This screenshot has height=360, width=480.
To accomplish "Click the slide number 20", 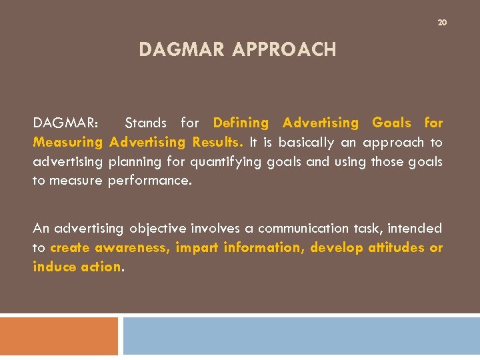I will coord(441,23).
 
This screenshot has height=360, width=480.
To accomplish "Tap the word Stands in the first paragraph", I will coord(146,123).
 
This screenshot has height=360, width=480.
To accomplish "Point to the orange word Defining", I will coord(241,123).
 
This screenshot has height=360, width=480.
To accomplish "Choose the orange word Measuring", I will coord(68,142).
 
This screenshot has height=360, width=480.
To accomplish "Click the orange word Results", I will coord(219,142).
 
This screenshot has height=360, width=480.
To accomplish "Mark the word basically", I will coord(309,142).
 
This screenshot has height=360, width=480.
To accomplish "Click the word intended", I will coord(415,229).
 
